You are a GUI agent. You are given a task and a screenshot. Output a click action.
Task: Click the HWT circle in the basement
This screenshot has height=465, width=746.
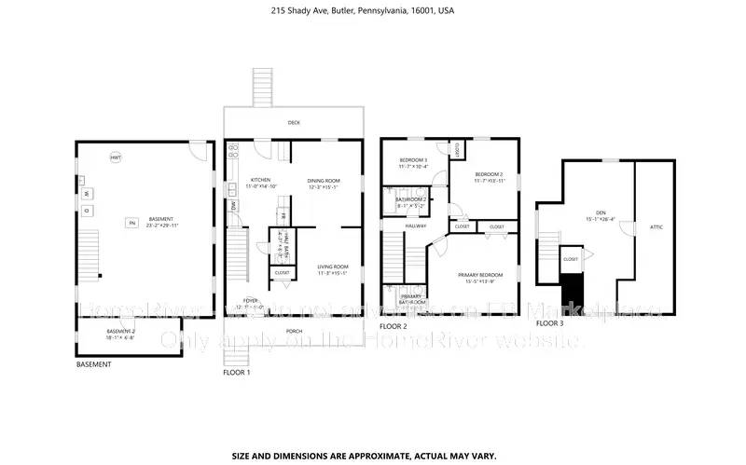point(116,157)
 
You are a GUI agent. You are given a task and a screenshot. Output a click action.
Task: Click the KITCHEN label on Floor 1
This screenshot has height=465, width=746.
point(259,181)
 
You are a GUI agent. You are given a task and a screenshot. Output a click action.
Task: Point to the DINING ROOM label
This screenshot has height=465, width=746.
point(324,181)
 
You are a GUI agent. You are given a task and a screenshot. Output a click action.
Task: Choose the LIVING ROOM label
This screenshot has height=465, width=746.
point(331,270)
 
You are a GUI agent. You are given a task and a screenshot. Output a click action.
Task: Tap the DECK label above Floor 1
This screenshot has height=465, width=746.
point(293,122)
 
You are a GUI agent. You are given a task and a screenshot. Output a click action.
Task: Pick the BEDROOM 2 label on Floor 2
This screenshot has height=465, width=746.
point(489,175)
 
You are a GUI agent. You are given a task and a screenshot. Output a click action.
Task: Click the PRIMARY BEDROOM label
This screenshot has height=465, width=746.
point(479,276)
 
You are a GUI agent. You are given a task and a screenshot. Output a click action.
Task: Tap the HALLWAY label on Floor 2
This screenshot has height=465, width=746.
point(416,226)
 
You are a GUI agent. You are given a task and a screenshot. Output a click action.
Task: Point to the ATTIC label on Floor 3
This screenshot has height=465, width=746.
point(656,226)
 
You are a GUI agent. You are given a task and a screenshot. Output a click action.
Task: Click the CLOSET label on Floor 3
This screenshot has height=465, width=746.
point(571,259)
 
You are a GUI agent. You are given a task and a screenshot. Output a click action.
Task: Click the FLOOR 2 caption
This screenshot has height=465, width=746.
point(393,327)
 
